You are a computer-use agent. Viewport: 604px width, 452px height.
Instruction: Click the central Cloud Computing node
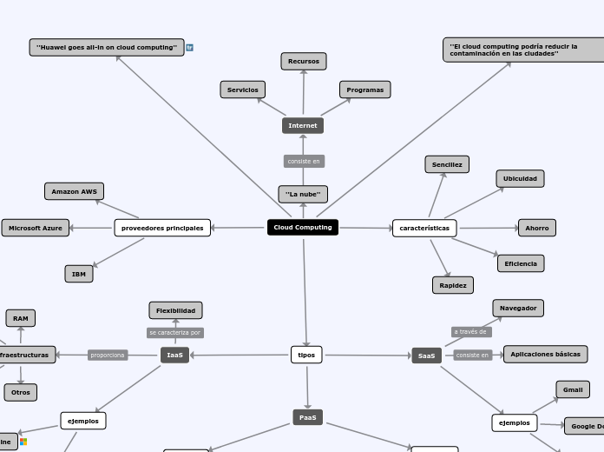click(303, 228)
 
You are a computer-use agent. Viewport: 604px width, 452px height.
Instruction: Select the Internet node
click(303, 126)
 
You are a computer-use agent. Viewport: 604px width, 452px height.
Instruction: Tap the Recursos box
click(304, 61)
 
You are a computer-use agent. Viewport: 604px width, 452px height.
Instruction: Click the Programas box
click(365, 90)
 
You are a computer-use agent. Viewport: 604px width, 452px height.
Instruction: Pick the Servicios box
click(243, 90)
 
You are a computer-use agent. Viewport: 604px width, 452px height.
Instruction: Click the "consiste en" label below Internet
click(304, 162)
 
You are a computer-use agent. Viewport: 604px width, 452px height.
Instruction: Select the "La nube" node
click(303, 194)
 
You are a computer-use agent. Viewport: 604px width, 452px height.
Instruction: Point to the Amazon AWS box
click(74, 191)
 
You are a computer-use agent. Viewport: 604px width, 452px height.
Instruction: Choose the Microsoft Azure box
click(36, 228)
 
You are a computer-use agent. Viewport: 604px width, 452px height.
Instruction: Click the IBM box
click(79, 274)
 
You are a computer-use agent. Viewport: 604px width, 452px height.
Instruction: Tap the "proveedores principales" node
click(162, 228)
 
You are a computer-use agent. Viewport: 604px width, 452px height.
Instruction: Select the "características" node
click(424, 228)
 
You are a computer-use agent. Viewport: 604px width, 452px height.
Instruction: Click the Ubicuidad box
click(520, 178)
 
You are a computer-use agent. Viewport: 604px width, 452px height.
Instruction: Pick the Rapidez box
click(453, 285)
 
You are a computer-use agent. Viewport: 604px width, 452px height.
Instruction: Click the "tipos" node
click(306, 355)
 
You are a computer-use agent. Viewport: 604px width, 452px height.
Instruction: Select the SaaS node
click(427, 356)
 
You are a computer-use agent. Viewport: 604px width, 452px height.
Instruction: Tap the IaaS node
click(175, 355)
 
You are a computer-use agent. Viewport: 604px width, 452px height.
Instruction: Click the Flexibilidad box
click(176, 310)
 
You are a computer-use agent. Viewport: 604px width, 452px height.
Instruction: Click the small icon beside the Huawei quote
click(190, 48)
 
